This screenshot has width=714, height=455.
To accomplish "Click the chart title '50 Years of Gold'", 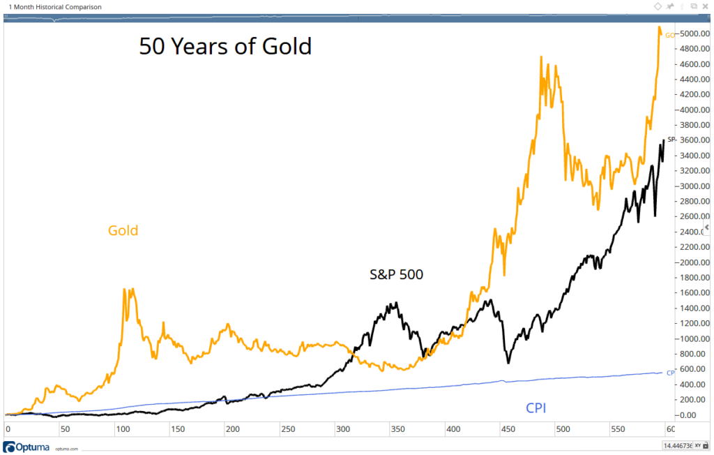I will [225, 47].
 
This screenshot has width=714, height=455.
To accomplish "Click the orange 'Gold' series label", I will [123, 230].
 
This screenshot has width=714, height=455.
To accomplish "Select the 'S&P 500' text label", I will [396, 275].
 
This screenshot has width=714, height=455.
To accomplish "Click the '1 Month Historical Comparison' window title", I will [55, 7].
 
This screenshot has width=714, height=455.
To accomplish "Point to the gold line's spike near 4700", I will [541, 57].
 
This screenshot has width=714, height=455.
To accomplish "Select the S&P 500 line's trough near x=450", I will [508, 363].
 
